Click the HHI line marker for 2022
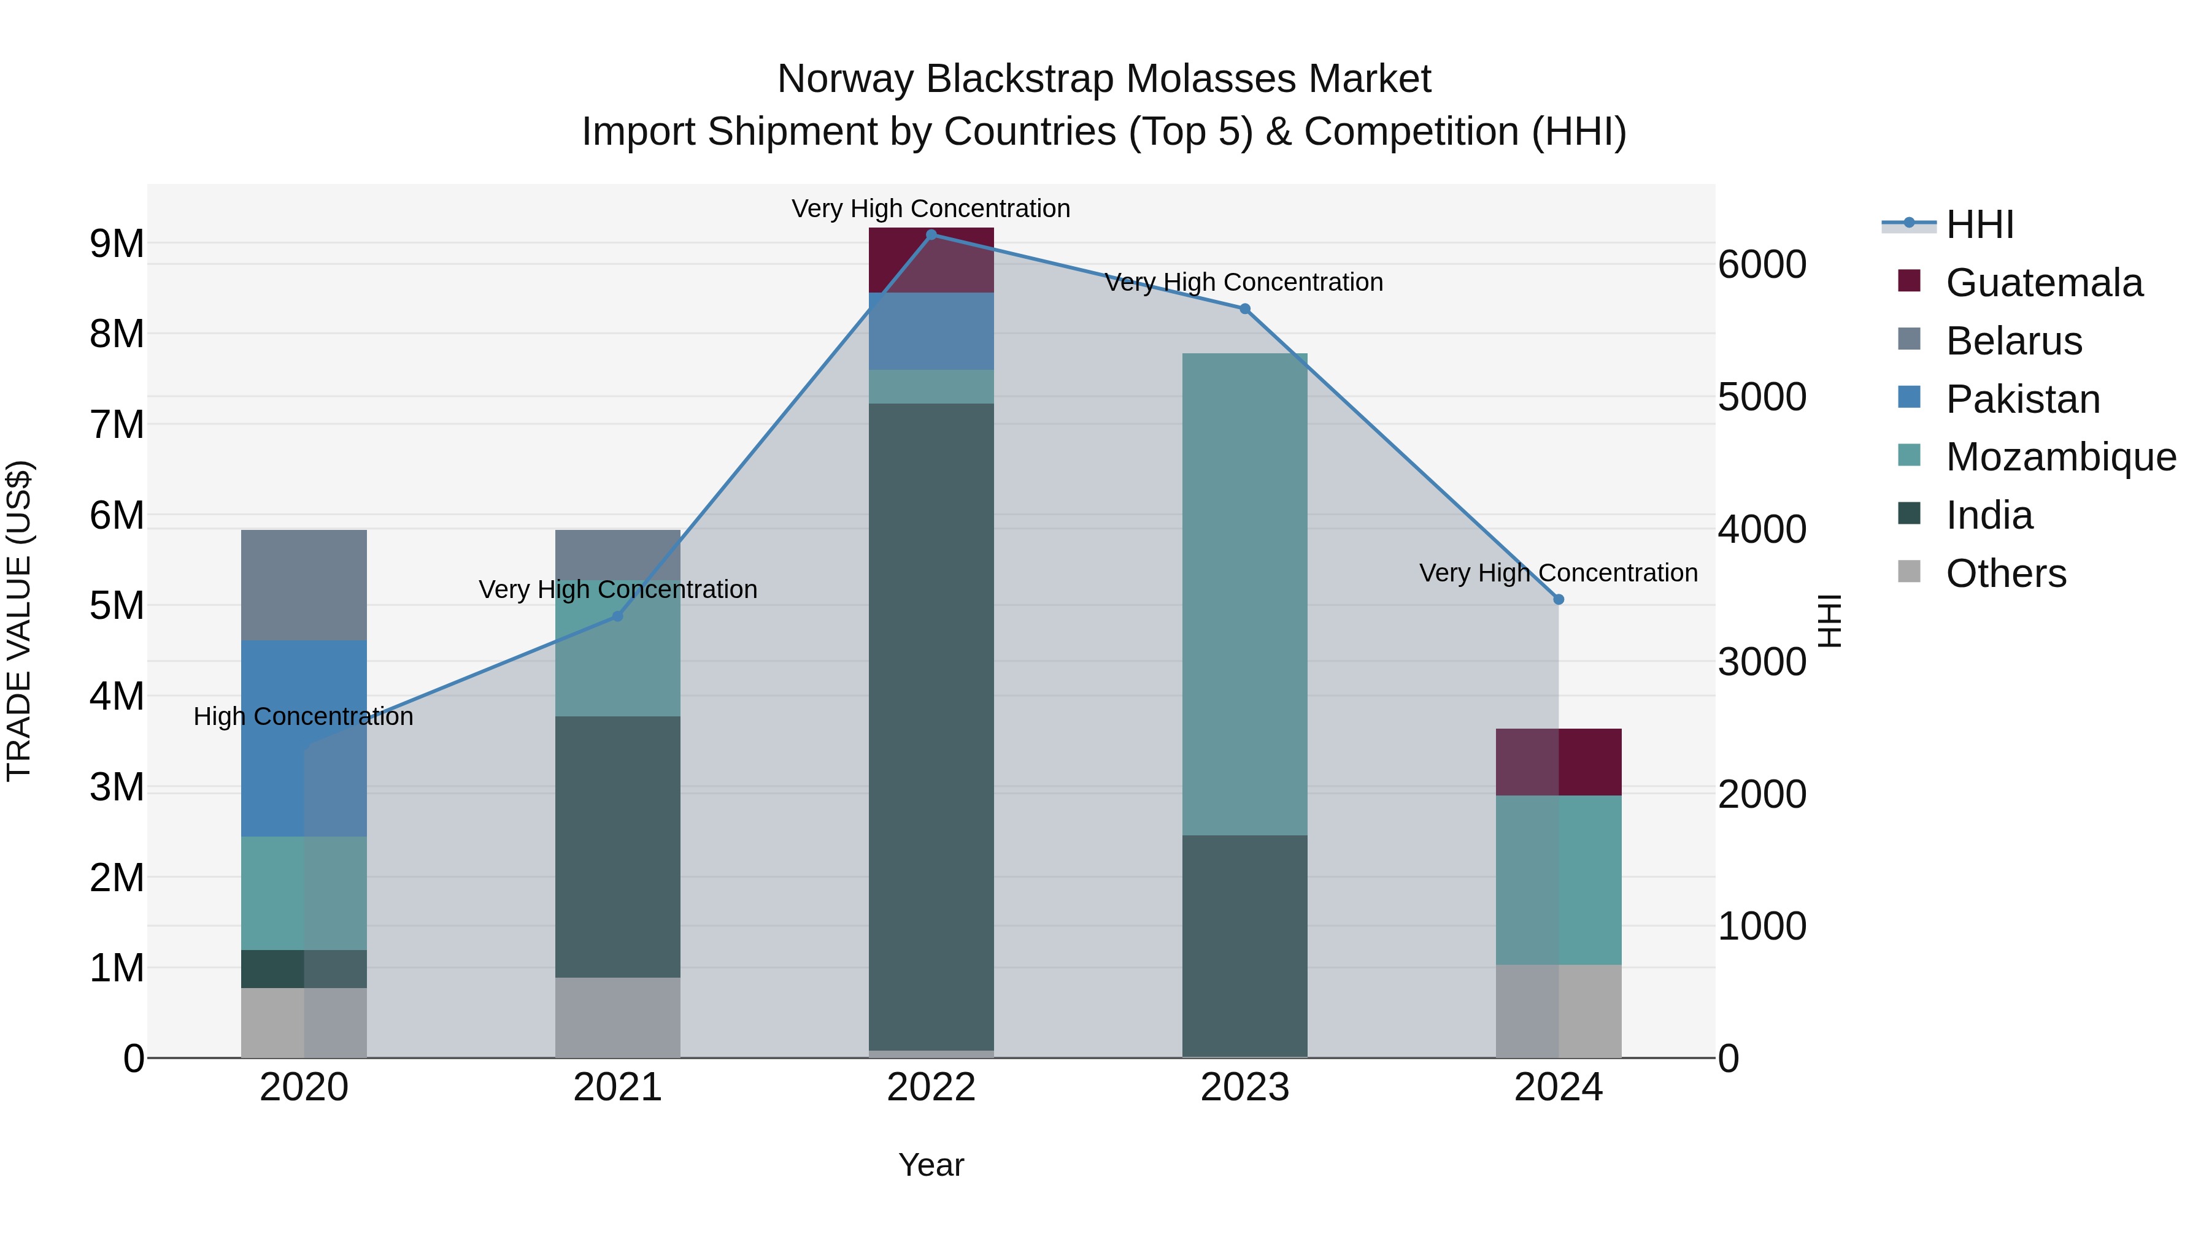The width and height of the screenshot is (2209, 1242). point(931,234)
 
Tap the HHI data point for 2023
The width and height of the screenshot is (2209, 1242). point(1245,309)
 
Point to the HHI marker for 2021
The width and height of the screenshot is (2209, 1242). point(617,615)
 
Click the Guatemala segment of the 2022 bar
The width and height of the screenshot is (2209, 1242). point(931,259)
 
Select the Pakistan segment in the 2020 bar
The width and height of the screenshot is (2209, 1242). point(304,737)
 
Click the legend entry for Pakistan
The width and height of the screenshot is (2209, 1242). point(2022,399)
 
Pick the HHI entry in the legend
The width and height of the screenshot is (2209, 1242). point(1979,224)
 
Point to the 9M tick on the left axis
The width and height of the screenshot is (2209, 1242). point(117,243)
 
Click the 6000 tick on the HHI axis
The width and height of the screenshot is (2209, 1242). point(1761,265)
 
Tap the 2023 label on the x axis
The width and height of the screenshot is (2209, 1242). point(1245,1087)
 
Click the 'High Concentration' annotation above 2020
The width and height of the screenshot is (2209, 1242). point(304,716)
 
